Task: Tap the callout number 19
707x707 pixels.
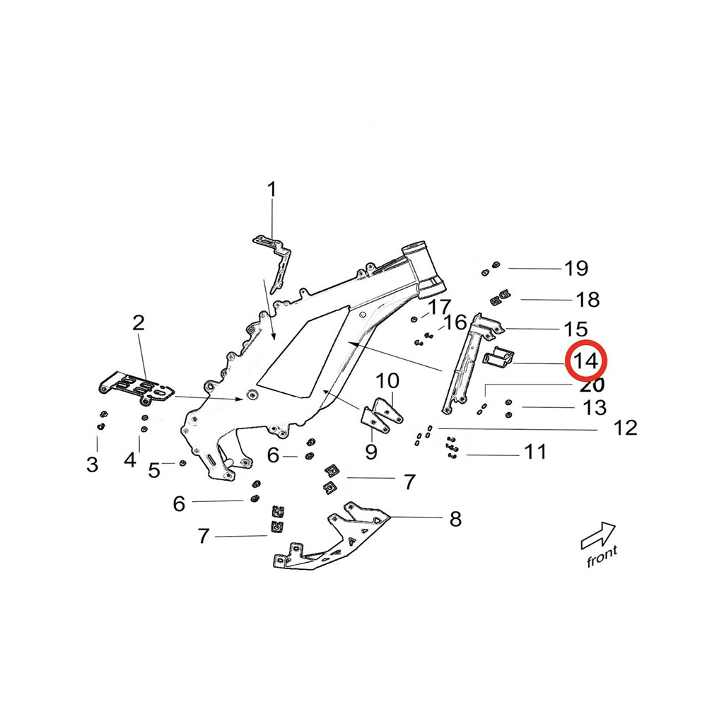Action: pos(575,269)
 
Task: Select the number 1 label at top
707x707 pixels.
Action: pos(271,189)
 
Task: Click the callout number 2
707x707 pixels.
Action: pos(139,324)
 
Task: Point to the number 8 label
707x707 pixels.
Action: pos(455,520)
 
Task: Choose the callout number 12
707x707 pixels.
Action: pos(626,428)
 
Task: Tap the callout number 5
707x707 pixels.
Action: pos(153,469)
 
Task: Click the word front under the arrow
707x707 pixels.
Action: pos(602,558)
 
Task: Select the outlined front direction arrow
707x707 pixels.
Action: pos(597,536)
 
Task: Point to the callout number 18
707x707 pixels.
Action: pos(588,300)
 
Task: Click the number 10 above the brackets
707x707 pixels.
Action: pos(387,382)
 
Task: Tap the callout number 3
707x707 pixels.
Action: pos(93,464)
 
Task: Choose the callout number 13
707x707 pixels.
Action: pos(595,408)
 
